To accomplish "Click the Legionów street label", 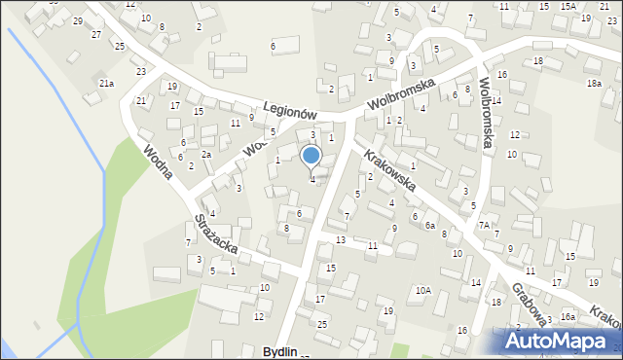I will click(x=292, y=105).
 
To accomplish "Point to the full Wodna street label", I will click(x=158, y=162).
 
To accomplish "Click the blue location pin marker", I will click(x=311, y=157).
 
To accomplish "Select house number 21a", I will click(x=106, y=84).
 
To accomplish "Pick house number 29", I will click(x=78, y=20).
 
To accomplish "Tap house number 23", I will click(x=141, y=72).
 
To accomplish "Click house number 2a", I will click(x=205, y=155).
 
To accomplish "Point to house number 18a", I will click(x=594, y=84).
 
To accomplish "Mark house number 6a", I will click(x=429, y=225).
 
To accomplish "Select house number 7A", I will click(x=483, y=225).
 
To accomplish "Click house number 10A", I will click(x=422, y=290).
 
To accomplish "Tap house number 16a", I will click(x=568, y=317).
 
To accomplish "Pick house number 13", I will click(x=340, y=239).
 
